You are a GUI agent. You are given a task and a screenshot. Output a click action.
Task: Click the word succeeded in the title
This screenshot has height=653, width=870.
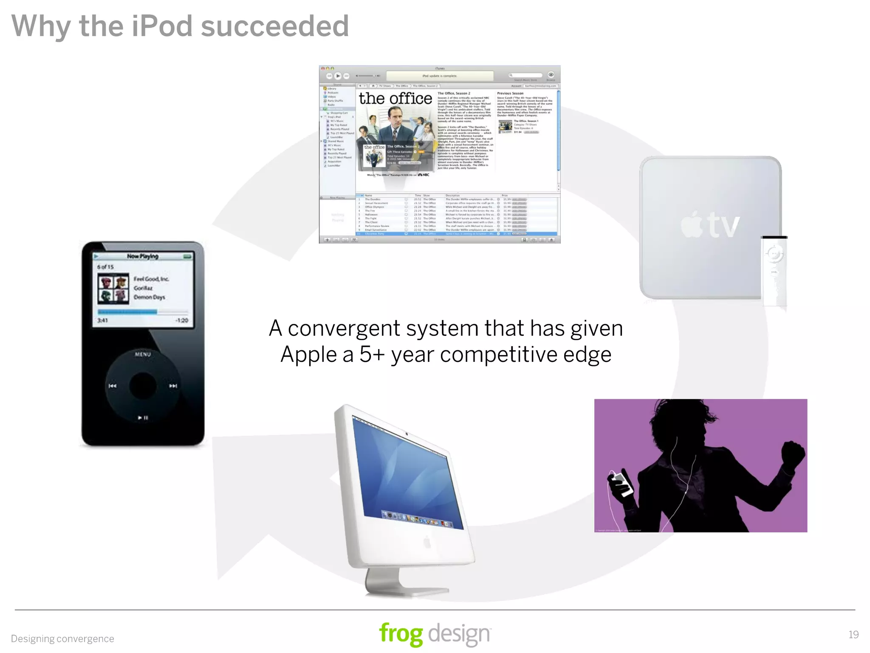pyautogui.click(x=275, y=26)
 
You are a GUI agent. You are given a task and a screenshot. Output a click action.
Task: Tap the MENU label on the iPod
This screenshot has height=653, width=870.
pyautogui.click(x=143, y=354)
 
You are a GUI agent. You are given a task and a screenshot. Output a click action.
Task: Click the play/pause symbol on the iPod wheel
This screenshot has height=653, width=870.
pyautogui.click(x=143, y=418)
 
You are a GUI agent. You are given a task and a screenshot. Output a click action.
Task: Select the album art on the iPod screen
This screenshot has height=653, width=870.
pyautogui.click(x=113, y=289)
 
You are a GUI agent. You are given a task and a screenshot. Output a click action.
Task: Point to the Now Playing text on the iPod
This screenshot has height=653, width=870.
pyautogui.click(x=142, y=256)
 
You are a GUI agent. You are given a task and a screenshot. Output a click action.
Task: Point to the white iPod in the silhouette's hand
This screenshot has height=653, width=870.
pyautogui.click(x=621, y=483)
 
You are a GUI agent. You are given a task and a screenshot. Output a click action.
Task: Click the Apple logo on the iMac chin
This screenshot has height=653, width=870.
pyautogui.click(x=427, y=542)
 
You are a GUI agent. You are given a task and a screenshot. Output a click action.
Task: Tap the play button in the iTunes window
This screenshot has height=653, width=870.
pyautogui.click(x=338, y=76)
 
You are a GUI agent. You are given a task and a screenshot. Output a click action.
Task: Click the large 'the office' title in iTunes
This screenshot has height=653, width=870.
pyautogui.click(x=395, y=99)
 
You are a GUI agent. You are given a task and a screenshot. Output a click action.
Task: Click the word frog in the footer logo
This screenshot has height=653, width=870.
pyautogui.click(x=401, y=634)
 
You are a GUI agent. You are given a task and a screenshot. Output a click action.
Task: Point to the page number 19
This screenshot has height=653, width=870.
pyautogui.click(x=853, y=635)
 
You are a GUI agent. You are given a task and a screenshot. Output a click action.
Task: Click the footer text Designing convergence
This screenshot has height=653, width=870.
pyautogui.click(x=62, y=639)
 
